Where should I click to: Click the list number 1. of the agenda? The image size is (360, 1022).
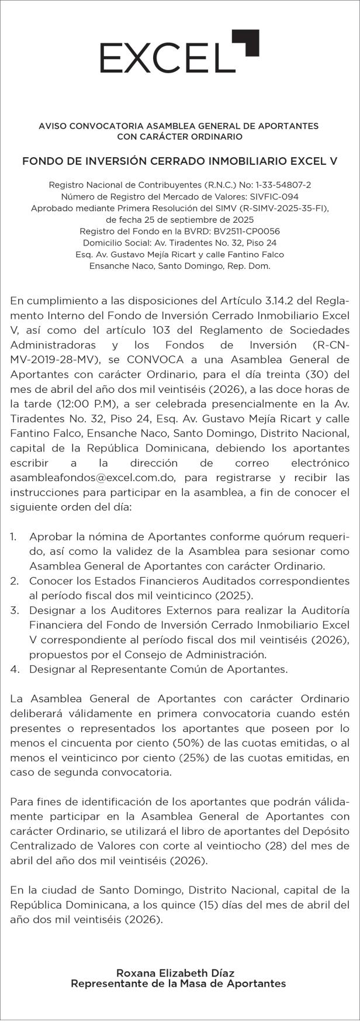(13, 537)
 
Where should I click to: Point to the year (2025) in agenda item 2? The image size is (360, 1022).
(234, 595)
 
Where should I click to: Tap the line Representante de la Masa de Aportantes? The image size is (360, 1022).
(178, 984)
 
